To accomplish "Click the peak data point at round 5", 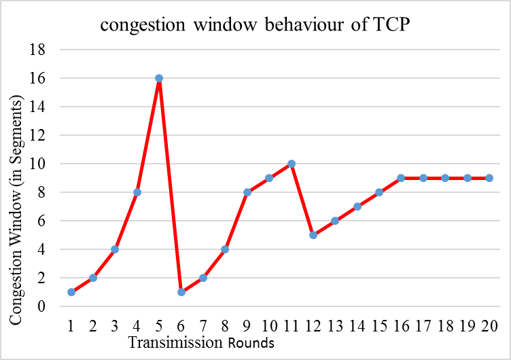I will click(159, 78).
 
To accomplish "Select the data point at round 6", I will click(181, 292).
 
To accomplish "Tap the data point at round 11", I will click(292, 164).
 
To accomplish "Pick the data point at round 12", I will click(313, 235).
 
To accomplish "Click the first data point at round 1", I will click(71, 292).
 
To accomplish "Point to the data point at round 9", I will click(247, 192).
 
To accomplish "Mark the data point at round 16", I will click(401, 178).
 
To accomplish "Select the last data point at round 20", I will click(489, 178).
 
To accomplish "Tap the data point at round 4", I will click(137, 192).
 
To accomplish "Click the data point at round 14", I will click(357, 206).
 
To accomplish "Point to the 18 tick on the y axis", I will click(38, 50).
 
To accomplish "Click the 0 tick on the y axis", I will click(41, 306).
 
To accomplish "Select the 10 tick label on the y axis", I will click(38, 164).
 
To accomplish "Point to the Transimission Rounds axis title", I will click(201, 343).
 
